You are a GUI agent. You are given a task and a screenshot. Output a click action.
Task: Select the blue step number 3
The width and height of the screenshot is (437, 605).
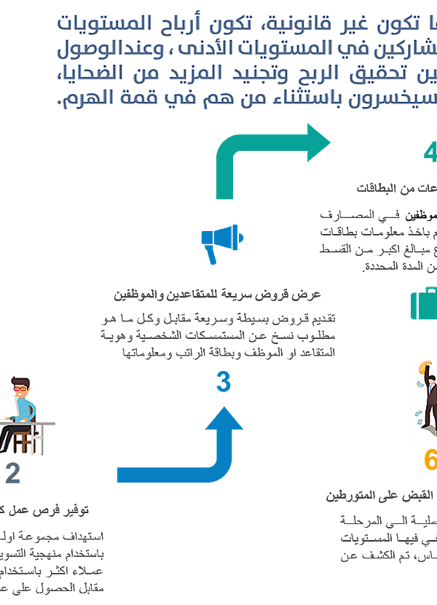click(224, 382)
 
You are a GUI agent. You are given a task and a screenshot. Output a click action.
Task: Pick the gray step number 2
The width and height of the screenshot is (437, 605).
click(13, 474)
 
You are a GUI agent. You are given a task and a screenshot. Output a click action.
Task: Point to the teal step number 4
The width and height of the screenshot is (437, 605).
click(430, 153)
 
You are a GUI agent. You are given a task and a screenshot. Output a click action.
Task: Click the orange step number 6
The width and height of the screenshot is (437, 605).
click(430, 461)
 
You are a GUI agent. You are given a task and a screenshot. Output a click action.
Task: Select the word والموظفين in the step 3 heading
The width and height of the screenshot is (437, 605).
click(136, 294)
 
